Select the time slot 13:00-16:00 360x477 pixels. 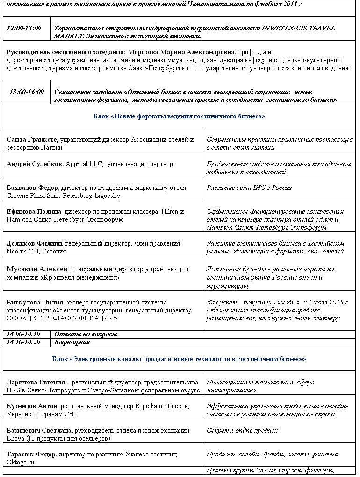[27, 92]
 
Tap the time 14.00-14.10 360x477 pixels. [23, 334]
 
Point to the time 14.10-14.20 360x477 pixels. [23, 342]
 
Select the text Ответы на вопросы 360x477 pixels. [86, 334]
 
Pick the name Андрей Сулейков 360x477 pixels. [34, 164]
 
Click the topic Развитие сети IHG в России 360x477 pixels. [249, 188]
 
